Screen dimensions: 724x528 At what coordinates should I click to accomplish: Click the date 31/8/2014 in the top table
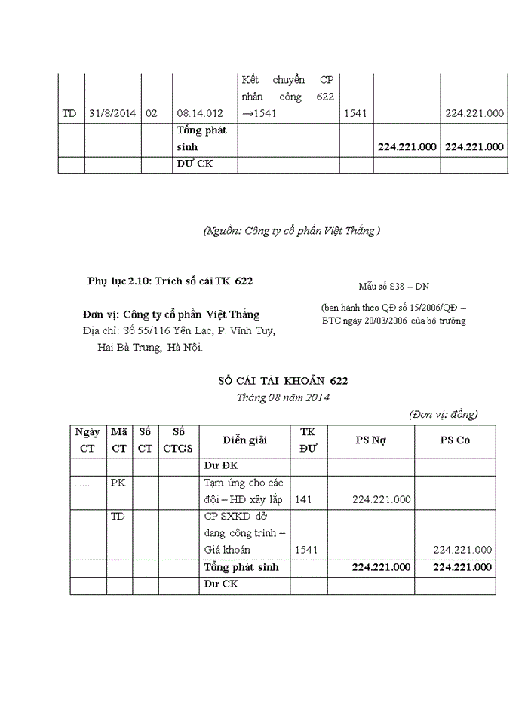(x=112, y=113)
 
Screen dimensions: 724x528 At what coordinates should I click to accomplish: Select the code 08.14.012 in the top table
(x=200, y=113)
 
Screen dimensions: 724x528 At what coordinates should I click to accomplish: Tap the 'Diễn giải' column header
(x=244, y=440)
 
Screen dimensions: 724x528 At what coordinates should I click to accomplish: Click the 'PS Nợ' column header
(x=370, y=440)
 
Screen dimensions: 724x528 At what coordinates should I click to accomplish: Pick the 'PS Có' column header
(x=455, y=440)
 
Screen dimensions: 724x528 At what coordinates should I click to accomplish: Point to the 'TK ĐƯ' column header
(x=308, y=440)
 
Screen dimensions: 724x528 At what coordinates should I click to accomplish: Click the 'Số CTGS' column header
(x=178, y=440)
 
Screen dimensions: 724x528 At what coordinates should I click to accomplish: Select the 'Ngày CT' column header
(x=87, y=440)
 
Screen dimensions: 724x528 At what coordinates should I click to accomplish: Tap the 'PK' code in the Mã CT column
(x=118, y=483)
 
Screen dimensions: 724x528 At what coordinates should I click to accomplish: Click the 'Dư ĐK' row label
(x=220, y=467)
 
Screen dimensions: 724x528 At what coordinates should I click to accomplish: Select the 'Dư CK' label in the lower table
(x=220, y=584)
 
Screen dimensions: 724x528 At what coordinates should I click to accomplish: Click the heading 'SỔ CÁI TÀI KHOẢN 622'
(x=283, y=382)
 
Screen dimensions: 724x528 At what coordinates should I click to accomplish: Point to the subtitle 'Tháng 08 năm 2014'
(x=283, y=397)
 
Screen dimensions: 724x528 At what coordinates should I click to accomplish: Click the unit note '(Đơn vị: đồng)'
(x=443, y=414)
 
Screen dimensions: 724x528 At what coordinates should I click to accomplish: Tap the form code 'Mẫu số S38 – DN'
(x=394, y=287)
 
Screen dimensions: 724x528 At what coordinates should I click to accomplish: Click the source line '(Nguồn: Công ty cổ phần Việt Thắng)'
(x=292, y=232)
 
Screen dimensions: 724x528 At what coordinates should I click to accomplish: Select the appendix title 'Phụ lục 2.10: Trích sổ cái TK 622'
(x=170, y=281)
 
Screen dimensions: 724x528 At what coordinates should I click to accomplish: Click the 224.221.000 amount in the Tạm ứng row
(x=381, y=499)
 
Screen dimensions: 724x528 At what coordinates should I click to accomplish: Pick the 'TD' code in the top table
(x=69, y=113)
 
